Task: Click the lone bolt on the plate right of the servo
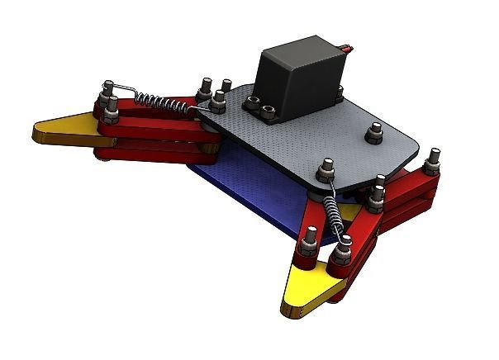(x=376, y=133)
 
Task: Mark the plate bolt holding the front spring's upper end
(x=325, y=169)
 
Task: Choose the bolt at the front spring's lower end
(x=311, y=239)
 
